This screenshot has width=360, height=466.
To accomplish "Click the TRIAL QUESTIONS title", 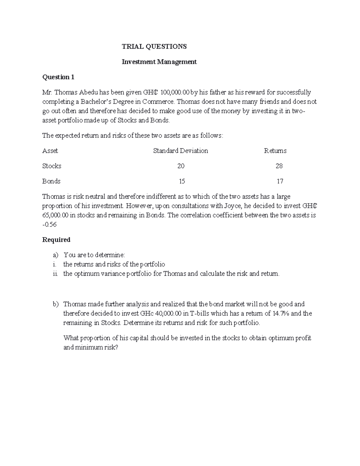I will (154, 47).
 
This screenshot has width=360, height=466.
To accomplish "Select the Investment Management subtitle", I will (159, 62).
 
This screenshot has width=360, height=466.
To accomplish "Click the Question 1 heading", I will (58, 77).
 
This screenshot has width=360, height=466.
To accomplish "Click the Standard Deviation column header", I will (180, 151).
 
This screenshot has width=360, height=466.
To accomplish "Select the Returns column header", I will (275, 151).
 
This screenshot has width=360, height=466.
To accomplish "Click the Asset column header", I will (50, 151).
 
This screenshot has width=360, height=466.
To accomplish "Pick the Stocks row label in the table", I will (52, 166).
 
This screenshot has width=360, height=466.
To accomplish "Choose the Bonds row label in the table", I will (51, 181).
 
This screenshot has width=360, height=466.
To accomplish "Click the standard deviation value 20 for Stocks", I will (181, 166).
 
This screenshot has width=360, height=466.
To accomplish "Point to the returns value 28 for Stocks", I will (279, 166).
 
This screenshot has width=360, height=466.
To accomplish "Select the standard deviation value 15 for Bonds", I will (181, 181).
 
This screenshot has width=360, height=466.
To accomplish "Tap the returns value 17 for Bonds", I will (280, 181).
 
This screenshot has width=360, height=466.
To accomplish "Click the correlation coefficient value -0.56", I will (50, 224).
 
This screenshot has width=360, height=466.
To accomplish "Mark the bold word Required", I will (56, 240).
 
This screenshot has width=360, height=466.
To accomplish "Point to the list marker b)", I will (56, 304).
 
